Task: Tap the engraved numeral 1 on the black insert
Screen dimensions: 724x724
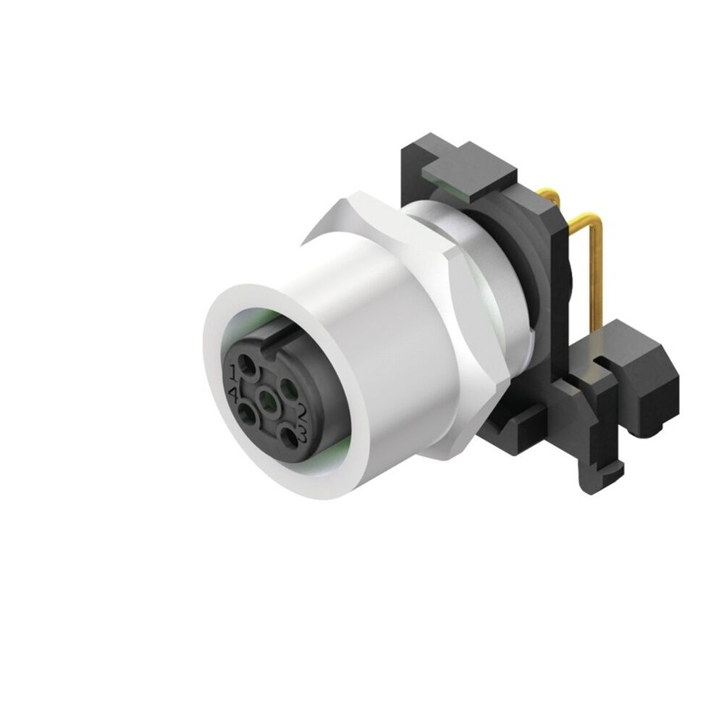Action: click(232, 374)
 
